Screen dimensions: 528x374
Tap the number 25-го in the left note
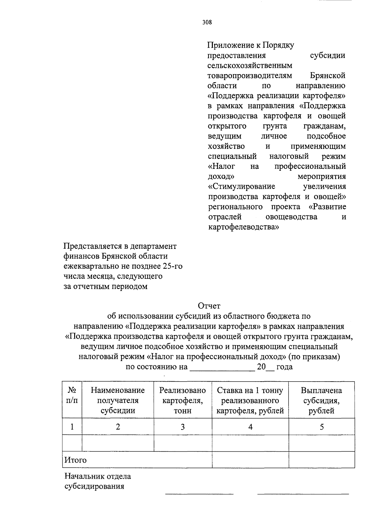tap(172, 266)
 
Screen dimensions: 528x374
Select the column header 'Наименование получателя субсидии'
tap(117, 400)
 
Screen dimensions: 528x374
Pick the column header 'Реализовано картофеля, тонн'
tap(182, 400)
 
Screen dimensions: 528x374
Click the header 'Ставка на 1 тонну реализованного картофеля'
tap(250, 400)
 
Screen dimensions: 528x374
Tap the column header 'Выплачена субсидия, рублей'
tap(321, 400)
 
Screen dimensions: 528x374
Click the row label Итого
tap(75, 460)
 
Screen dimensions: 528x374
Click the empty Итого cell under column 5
tap(321, 460)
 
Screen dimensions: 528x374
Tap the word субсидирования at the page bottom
tap(94, 486)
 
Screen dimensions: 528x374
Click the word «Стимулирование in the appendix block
tap(242, 187)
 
